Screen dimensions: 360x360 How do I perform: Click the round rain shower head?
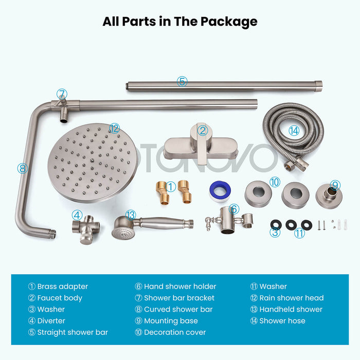92,163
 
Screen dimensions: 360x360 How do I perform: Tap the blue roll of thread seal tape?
220,191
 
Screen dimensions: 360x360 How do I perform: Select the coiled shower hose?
293,136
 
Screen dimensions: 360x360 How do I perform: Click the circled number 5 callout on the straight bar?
182,81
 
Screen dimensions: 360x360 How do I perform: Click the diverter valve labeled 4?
86,229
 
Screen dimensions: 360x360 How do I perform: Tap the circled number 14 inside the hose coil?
294,131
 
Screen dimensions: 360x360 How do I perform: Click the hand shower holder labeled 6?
229,221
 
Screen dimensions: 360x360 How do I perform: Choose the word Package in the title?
229,22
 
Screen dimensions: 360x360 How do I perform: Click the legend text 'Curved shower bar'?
178,309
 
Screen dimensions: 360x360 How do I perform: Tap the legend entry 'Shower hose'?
282,321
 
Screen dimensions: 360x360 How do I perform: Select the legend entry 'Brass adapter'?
62,286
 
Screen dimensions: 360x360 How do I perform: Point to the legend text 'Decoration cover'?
175,332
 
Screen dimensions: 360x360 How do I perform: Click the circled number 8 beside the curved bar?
23,168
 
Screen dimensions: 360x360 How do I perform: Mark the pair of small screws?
321,225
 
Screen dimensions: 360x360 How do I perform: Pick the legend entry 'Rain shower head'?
292,298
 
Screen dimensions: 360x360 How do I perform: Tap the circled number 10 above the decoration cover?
275,182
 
